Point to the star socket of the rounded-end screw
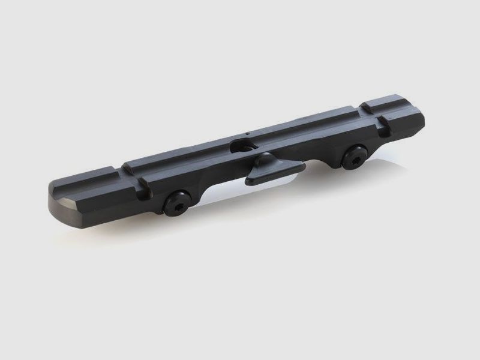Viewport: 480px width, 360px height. (176, 203)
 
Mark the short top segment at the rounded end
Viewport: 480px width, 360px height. (90, 181)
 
